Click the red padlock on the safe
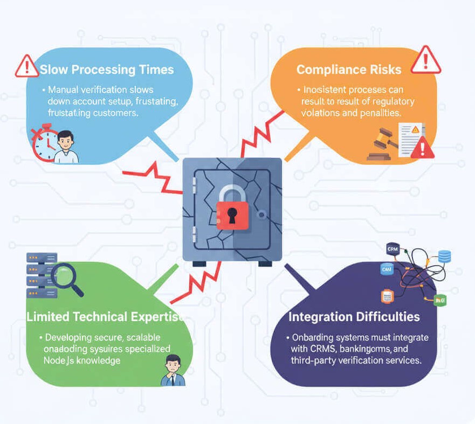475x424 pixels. (232, 212)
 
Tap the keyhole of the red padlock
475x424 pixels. (232, 216)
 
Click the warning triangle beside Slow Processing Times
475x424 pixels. (27, 66)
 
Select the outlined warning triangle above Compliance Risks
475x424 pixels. (426, 60)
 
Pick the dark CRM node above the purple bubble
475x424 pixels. (392, 249)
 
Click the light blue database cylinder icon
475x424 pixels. (444, 257)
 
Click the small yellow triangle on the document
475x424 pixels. (415, 130)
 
